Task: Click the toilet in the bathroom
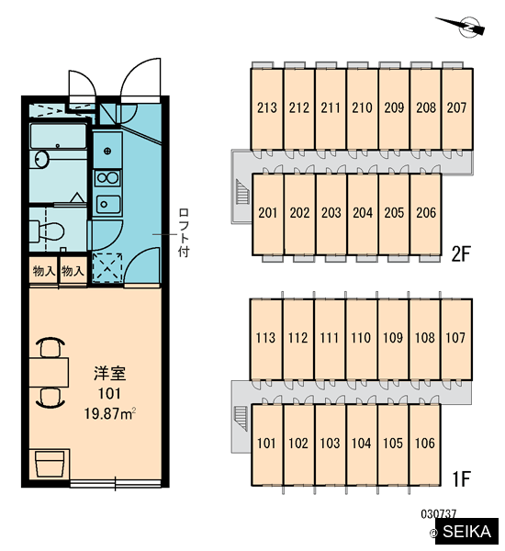47,231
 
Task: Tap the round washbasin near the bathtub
42,159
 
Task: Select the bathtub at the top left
59,136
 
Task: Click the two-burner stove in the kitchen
108,178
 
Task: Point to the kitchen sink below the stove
108,204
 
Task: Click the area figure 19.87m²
110,413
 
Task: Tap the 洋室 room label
110,373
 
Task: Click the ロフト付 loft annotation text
184,232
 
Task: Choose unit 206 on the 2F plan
426,213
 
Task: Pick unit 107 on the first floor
455,338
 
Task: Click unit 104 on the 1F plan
361,444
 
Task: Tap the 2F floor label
461,253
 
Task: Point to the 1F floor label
461,478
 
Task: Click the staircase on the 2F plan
242,192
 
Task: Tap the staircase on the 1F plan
241,419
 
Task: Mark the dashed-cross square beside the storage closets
107,268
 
